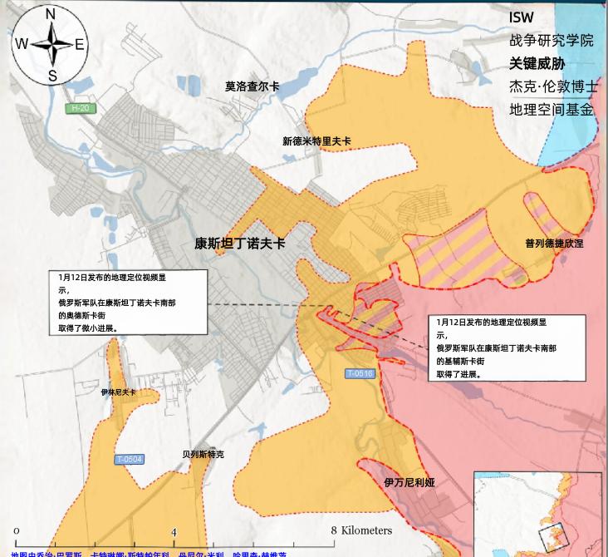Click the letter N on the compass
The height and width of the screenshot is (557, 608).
(50, 14)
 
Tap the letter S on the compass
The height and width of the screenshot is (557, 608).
(51, 76)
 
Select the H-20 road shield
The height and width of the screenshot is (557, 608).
(79, 108)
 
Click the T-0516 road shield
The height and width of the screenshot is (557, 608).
(361, 374)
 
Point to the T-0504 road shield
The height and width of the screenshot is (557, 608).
(130, 459)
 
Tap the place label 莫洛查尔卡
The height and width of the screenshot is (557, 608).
(253, 86)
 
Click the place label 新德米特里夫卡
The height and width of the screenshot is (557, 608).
(316, 141)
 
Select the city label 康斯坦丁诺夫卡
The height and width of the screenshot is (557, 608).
(239, 244)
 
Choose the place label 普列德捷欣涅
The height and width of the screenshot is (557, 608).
(554, 244)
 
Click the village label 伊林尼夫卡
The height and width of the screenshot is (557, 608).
(118, 391)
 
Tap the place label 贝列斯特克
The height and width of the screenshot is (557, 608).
(203, 455)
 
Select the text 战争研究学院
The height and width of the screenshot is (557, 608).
(552, 40)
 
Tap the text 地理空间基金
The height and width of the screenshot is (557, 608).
(552, 109)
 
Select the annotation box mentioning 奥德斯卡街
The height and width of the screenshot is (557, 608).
(127, 301)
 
